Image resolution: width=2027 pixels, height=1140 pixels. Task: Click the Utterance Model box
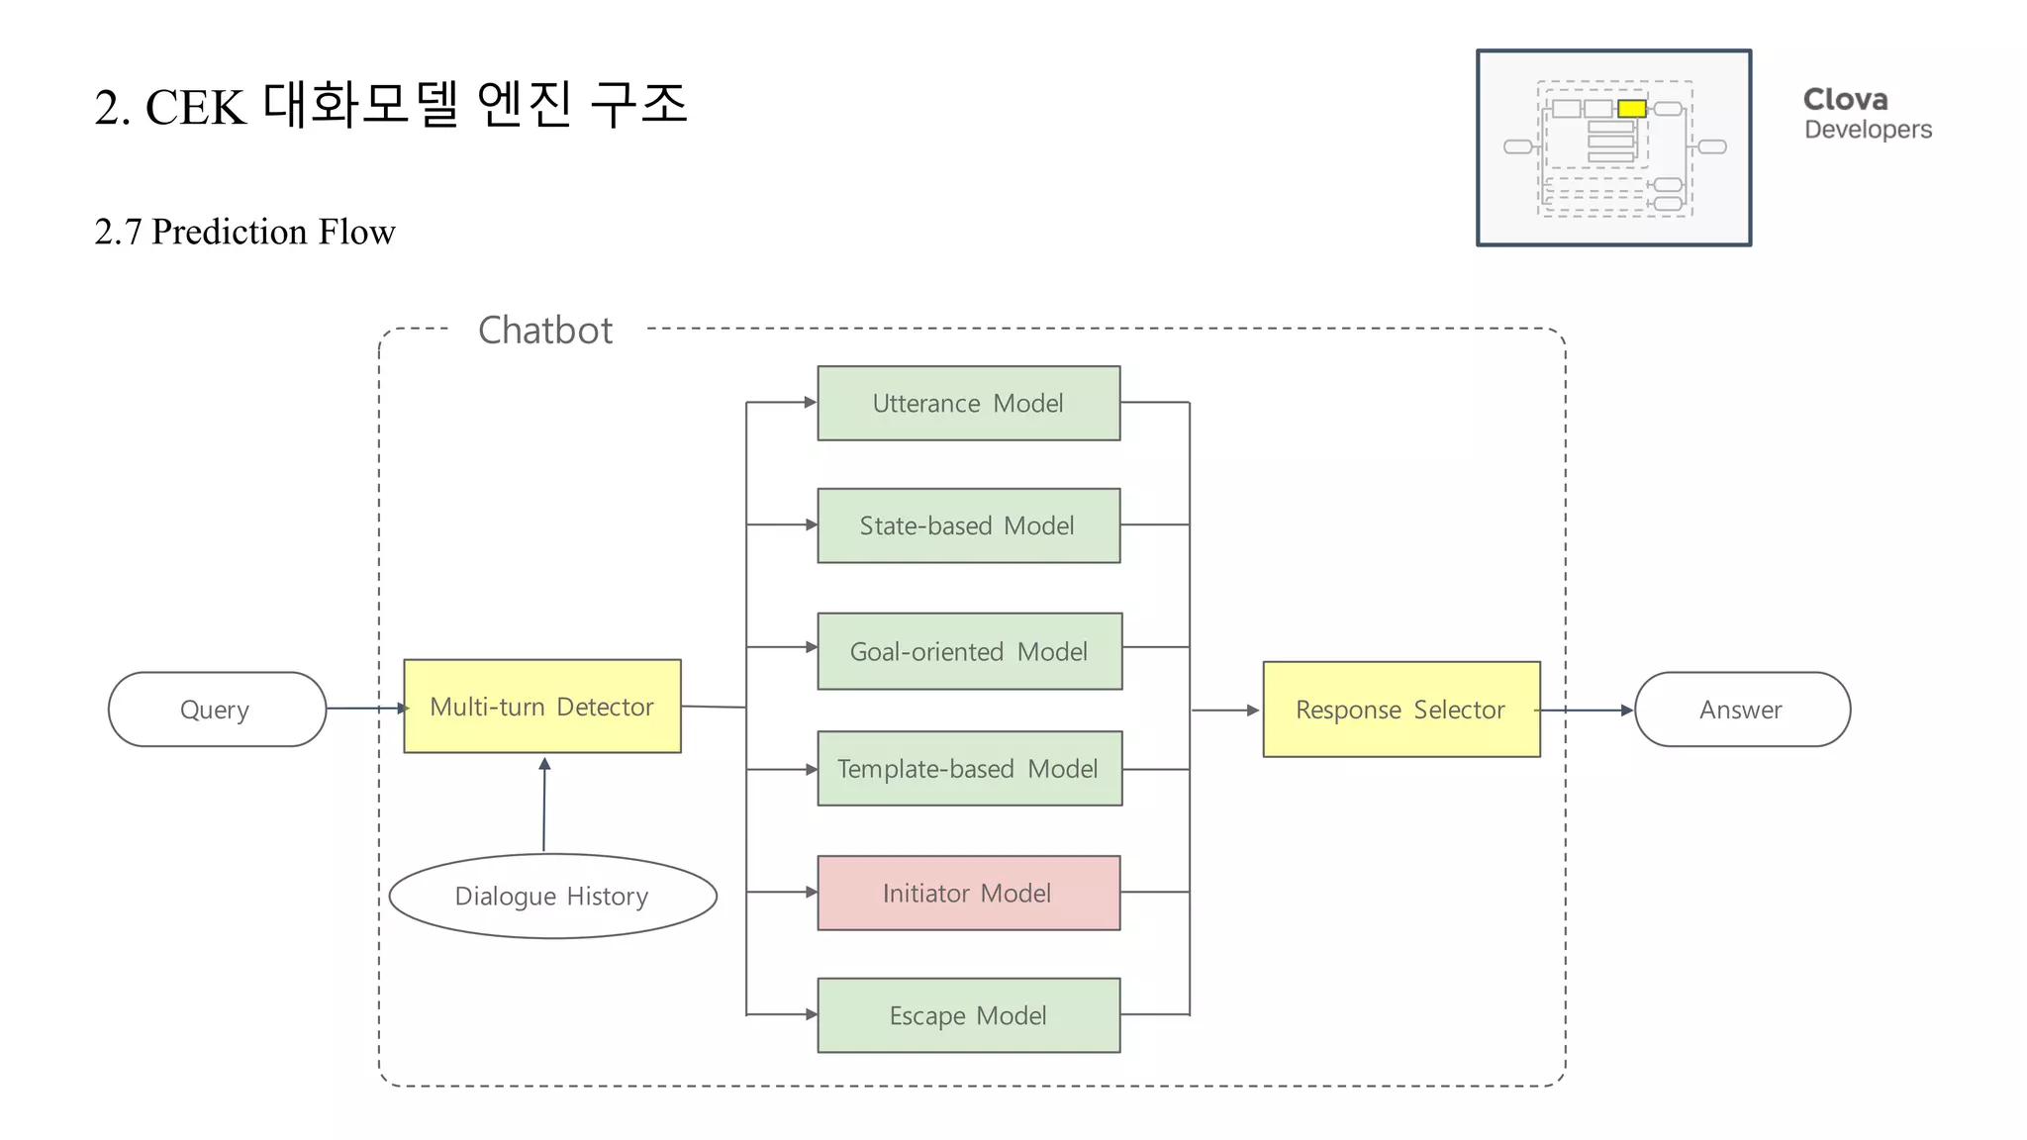click(x=968, y=403)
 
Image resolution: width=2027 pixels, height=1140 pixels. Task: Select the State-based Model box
click(x=968, y=525)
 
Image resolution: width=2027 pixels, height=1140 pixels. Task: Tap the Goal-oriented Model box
click(x=969, y=651)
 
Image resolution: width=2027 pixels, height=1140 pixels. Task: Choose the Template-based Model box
click(x=969, y=769)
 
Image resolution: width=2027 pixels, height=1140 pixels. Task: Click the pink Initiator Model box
click(x=968, y=893)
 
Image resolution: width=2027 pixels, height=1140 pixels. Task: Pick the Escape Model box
click(x=968, y=1015)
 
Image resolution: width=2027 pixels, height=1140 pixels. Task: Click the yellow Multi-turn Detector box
click(x=541, y=707)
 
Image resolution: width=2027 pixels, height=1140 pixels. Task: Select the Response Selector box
click(x=1400, y=710)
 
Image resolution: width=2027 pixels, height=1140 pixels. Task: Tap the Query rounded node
click(x=216, y=710)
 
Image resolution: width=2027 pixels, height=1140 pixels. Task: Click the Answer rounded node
click(x=1741, y=710)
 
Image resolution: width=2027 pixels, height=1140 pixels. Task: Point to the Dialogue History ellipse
click(x=552, y=896)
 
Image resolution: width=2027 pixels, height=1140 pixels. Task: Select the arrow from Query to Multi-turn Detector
click(x=364, y=709)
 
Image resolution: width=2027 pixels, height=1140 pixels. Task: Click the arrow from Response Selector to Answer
click(x=1588, y=710)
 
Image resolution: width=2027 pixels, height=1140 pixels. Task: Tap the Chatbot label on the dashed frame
click(x=545, y=331)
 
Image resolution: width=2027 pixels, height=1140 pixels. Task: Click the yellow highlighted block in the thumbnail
click(x=1631, y=109)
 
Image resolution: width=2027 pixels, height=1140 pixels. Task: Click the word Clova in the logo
click(x=1845, y=100)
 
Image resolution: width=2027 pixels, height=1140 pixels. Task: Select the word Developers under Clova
click(x=1867, y=130)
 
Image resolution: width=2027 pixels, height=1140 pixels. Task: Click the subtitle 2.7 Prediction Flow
click(x=244, y=233)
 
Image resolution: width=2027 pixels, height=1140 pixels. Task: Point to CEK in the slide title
click(x=195, y=107)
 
